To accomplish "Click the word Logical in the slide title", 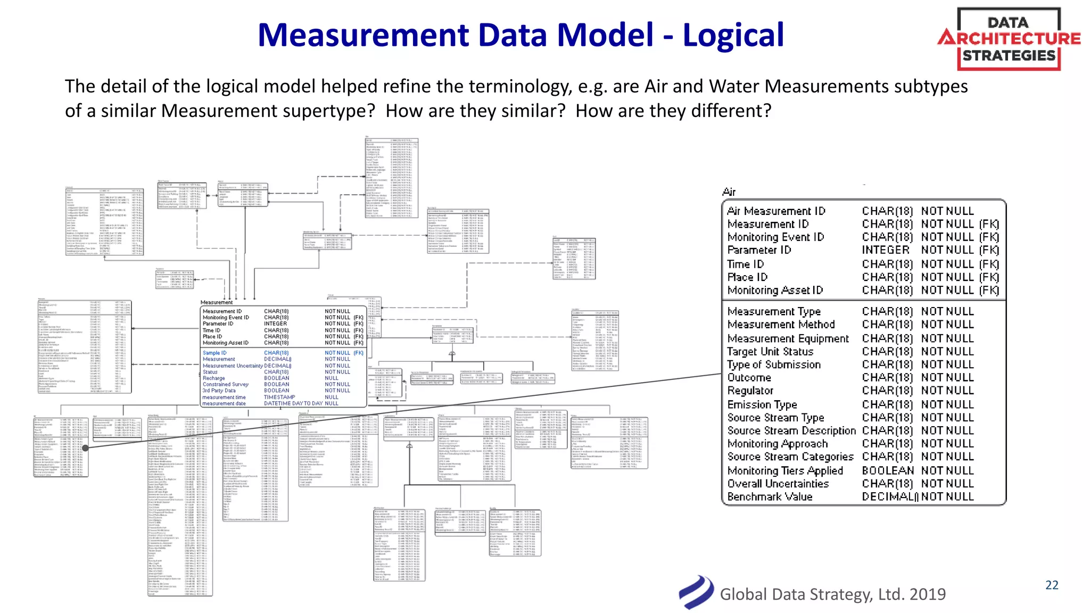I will [733, 35].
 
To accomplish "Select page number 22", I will [1052, 585].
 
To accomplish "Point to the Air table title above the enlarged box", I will [729, 192].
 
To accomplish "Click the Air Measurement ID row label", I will [776, 211].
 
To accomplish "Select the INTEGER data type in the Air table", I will [886, 250].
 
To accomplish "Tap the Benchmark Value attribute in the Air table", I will [770, 497].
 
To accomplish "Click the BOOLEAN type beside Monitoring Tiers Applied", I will [888, 471].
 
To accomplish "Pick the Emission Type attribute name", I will [762, 405].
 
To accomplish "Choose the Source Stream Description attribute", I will [791, 431].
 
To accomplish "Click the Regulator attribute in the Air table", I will [750, 391].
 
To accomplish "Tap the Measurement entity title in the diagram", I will [216, 302].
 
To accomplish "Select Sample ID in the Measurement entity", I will [214, 353].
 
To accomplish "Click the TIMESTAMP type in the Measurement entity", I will [279, 397].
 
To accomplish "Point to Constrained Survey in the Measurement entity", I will [225, 384].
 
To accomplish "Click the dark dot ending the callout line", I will [85, 448].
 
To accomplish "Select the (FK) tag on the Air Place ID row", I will [989, 277].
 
